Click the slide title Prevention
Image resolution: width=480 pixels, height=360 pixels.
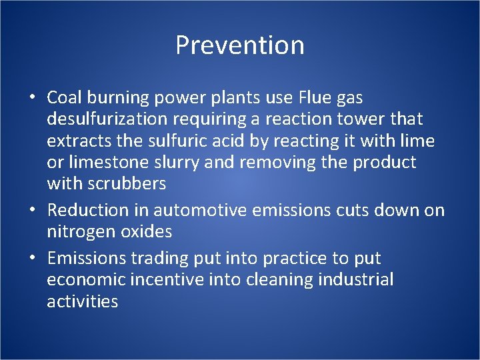click(x=240, y=45)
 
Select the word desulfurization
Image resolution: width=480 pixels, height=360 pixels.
click(x=111, y=119)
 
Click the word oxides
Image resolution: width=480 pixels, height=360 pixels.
click(x=148, y=232)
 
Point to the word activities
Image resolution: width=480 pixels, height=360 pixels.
click(x=82, y=301)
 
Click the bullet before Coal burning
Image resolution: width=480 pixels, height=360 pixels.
click(x=32, y=99)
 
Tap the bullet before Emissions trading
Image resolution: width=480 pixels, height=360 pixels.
click(x=32, y=259)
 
